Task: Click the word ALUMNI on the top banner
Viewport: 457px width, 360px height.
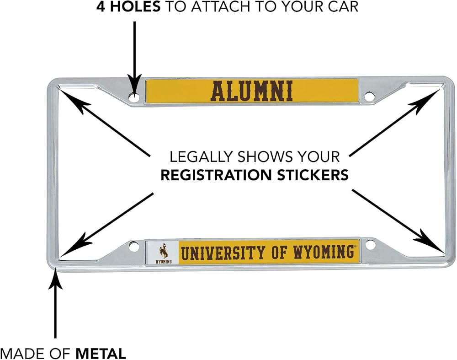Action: click(252, 91)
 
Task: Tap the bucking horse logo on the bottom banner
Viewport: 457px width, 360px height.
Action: click(164, 251)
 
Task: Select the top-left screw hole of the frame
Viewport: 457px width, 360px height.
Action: click(134, 97)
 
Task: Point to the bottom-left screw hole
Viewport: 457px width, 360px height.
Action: click(134, 246)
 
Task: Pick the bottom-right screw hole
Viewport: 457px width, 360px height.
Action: click(370, 244)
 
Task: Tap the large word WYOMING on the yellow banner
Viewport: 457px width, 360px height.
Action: click(323, 252)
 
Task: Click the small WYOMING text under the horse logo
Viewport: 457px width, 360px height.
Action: click(164, 261)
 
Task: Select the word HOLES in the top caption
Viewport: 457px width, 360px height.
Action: click(135, 6)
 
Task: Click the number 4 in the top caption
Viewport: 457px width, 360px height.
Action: click(101, 6)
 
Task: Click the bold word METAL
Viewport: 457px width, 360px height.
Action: click(101, 354)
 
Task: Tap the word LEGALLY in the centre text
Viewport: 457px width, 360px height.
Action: click(201, 157)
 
